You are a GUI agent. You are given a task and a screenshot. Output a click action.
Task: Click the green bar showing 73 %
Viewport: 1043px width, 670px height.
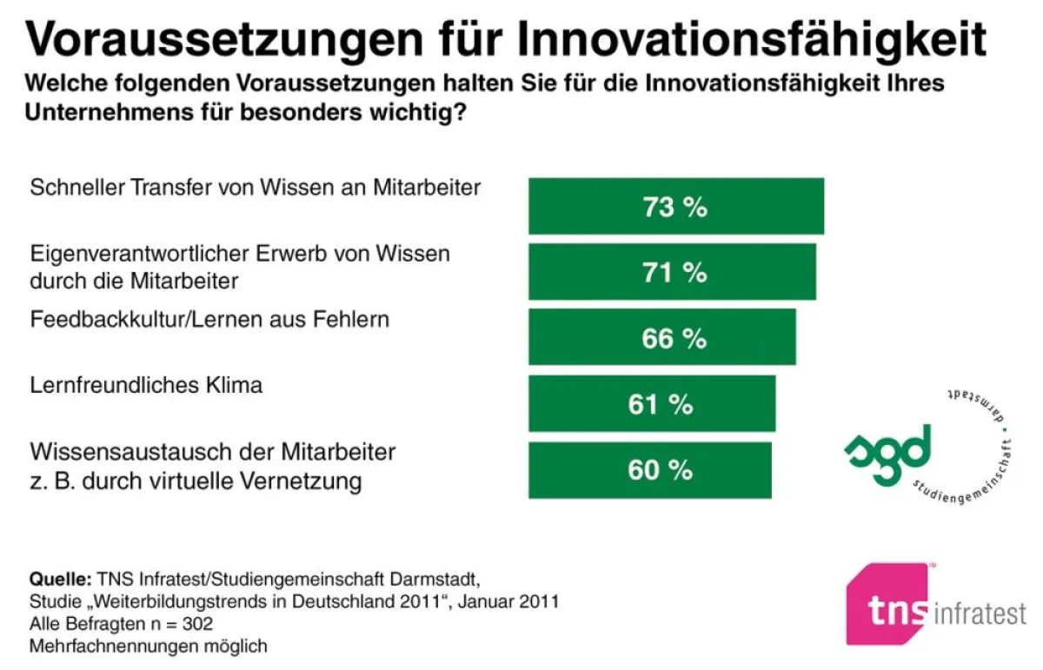[x=675, y=206]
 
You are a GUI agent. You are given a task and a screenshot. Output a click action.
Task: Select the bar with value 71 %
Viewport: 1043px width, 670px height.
[x=672, y=271]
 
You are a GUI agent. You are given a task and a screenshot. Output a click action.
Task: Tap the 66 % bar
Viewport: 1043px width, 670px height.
[x=661, y=337]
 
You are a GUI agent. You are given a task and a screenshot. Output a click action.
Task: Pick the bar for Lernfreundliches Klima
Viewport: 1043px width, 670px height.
[x=652, y=403]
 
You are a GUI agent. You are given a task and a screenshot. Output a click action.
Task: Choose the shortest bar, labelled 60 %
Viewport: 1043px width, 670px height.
[x=649, y=470]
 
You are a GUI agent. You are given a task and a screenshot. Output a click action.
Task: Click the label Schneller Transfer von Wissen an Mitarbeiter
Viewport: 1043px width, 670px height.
[x=255, y=187]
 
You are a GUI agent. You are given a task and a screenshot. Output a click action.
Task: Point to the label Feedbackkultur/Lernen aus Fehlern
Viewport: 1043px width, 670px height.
[x=209, y=319]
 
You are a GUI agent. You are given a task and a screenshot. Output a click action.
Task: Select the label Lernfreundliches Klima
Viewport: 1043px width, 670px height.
[x=146, y=385]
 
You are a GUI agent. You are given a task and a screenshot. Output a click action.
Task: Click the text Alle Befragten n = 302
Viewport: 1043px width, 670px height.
[x=121, y=624]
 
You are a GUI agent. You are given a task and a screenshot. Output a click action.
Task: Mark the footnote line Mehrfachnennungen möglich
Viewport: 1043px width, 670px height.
[x=149, y=647]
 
